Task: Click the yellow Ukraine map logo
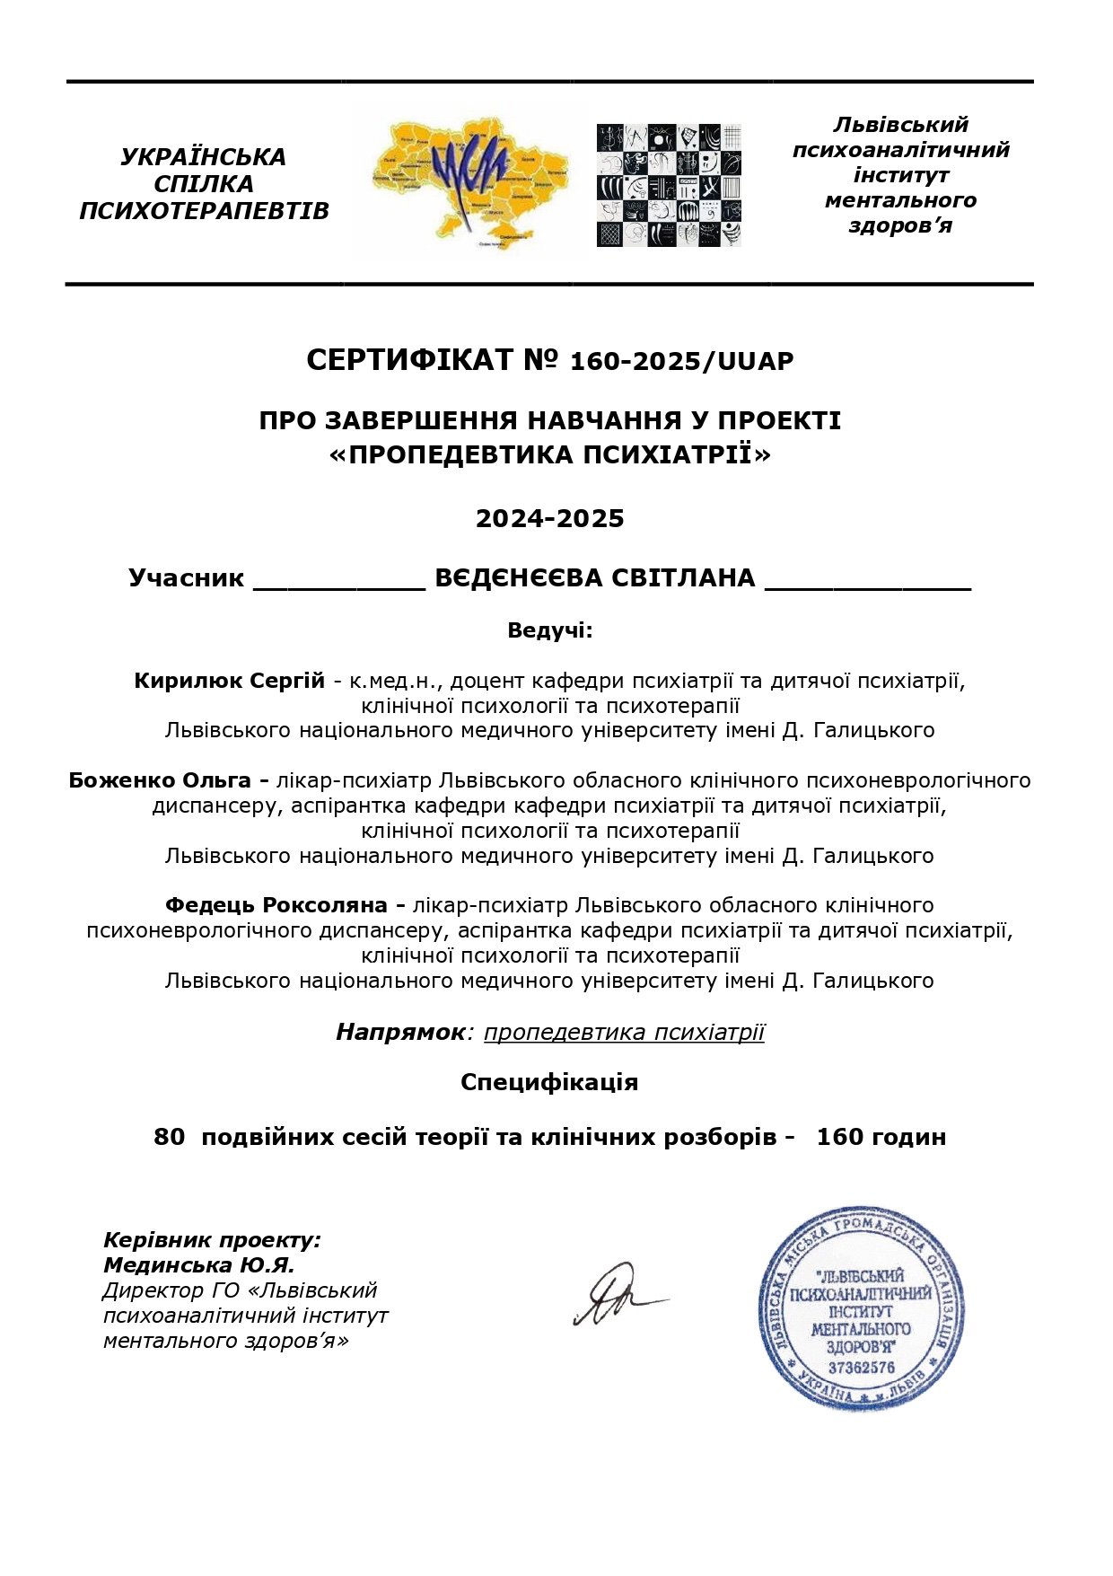(469, 182)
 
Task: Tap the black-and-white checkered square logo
(669, 185)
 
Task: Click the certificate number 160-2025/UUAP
(681, 362)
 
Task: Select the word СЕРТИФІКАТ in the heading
(409, 361)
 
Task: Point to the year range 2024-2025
(549, 519)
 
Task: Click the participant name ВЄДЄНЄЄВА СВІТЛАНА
(594, 578)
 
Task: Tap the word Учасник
(186, 578)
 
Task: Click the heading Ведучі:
(549, 630)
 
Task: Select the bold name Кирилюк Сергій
(229, 681)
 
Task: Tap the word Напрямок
(400, 1033)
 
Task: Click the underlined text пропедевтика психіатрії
(624, 1033)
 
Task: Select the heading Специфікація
(549, 1082)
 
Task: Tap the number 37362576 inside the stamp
(861, 1369)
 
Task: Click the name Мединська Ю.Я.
(198, 1265)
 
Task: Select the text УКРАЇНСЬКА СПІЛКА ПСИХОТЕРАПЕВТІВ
(204, 184)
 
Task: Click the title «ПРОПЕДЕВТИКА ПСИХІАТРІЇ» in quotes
(549, 454)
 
